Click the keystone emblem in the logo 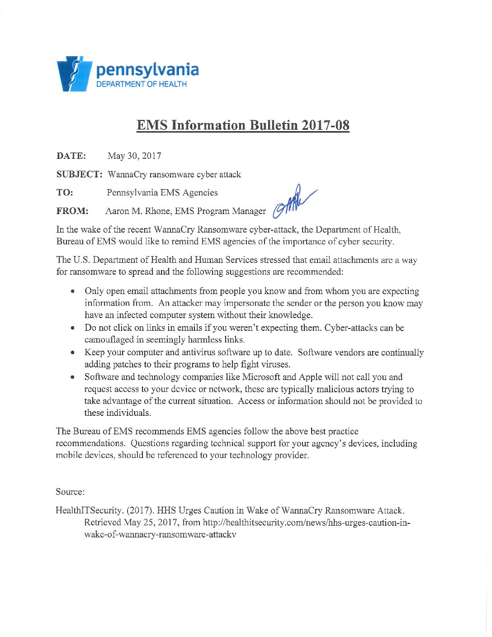point(74,74)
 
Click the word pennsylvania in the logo point(147,70)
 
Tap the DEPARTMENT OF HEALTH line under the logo point(141,84)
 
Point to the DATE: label point(71,156)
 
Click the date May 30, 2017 point(134,156)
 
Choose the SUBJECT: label point(79,174)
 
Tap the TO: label point(65,193)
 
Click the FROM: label point(72,211)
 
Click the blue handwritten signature point(293,201)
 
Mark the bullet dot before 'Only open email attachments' point(72,291)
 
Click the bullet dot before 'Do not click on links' point(72,328)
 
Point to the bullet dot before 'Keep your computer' point(72,352)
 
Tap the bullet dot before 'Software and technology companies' point(72,377)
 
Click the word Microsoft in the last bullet point(261,377)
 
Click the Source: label point(70,492)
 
